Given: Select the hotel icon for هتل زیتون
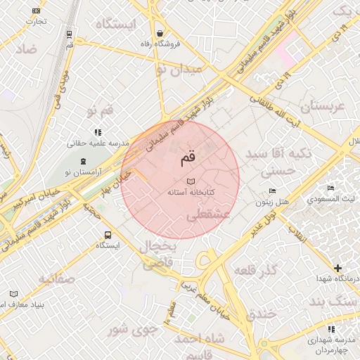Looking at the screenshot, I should (x=272, y=191).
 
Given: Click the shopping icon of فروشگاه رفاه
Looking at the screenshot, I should (x=160, y=33).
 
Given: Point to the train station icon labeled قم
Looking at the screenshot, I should (x=69, y=34).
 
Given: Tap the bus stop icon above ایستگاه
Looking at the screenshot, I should (x=108, y=235).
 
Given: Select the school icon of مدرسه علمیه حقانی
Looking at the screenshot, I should (x=98, y=131).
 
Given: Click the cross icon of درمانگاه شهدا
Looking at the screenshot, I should (x=338, y=268).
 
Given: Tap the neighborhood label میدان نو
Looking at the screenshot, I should (x=179, y=69).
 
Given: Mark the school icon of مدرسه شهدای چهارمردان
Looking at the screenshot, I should (x=331, y=328).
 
